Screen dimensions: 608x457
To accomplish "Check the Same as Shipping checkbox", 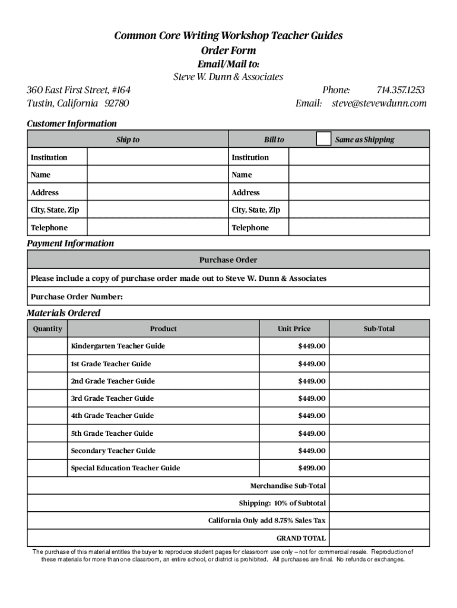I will [x=323, y=139].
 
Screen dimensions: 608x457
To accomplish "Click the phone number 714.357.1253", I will [x=401, y=90].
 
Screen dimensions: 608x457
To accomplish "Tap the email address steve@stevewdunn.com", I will [x=379, y=103].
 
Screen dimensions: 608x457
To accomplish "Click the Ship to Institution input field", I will [x=157, y=157].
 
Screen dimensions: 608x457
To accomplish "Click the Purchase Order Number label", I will [x=77, y=297].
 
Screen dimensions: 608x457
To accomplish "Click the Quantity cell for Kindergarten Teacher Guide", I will [x=47, y=346].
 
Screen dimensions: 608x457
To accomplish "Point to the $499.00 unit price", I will [x=312, y=468].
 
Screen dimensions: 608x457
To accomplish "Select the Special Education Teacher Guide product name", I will [x=125, y=468].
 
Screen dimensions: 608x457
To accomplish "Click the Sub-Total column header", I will [x=379, y=328].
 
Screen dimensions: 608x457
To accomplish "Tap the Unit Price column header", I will [x=294, y=328].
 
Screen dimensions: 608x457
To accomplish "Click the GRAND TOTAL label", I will [x=301, y=538].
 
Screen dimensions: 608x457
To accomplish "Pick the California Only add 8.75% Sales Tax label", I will [x=266, y=521].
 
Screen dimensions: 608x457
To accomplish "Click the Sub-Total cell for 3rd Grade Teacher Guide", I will [x=379, y=398].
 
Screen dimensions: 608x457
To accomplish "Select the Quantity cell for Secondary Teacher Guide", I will [x=47, y=451].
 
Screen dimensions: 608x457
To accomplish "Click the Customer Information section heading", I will [x=72, y=123].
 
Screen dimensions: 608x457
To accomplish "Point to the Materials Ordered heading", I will [x=64, y=313].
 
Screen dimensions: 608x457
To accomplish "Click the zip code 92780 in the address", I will [x=117, y=103].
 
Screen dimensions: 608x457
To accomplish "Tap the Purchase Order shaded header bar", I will [x=228, y=260].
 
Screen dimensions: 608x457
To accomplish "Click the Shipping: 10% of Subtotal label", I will [x=282, y=503].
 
